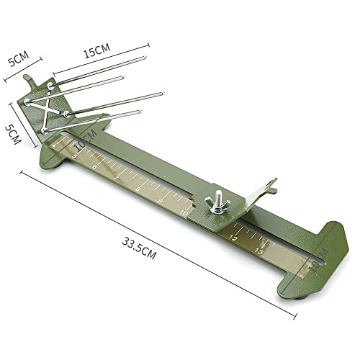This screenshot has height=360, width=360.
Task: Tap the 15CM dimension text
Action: pos(96,51)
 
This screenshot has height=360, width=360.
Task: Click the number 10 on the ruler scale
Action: pos(185,213)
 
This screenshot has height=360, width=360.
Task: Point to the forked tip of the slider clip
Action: pos(271,185)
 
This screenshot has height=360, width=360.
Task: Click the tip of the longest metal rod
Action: pos(162,94)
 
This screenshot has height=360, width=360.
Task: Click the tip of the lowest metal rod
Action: pos(140,112)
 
